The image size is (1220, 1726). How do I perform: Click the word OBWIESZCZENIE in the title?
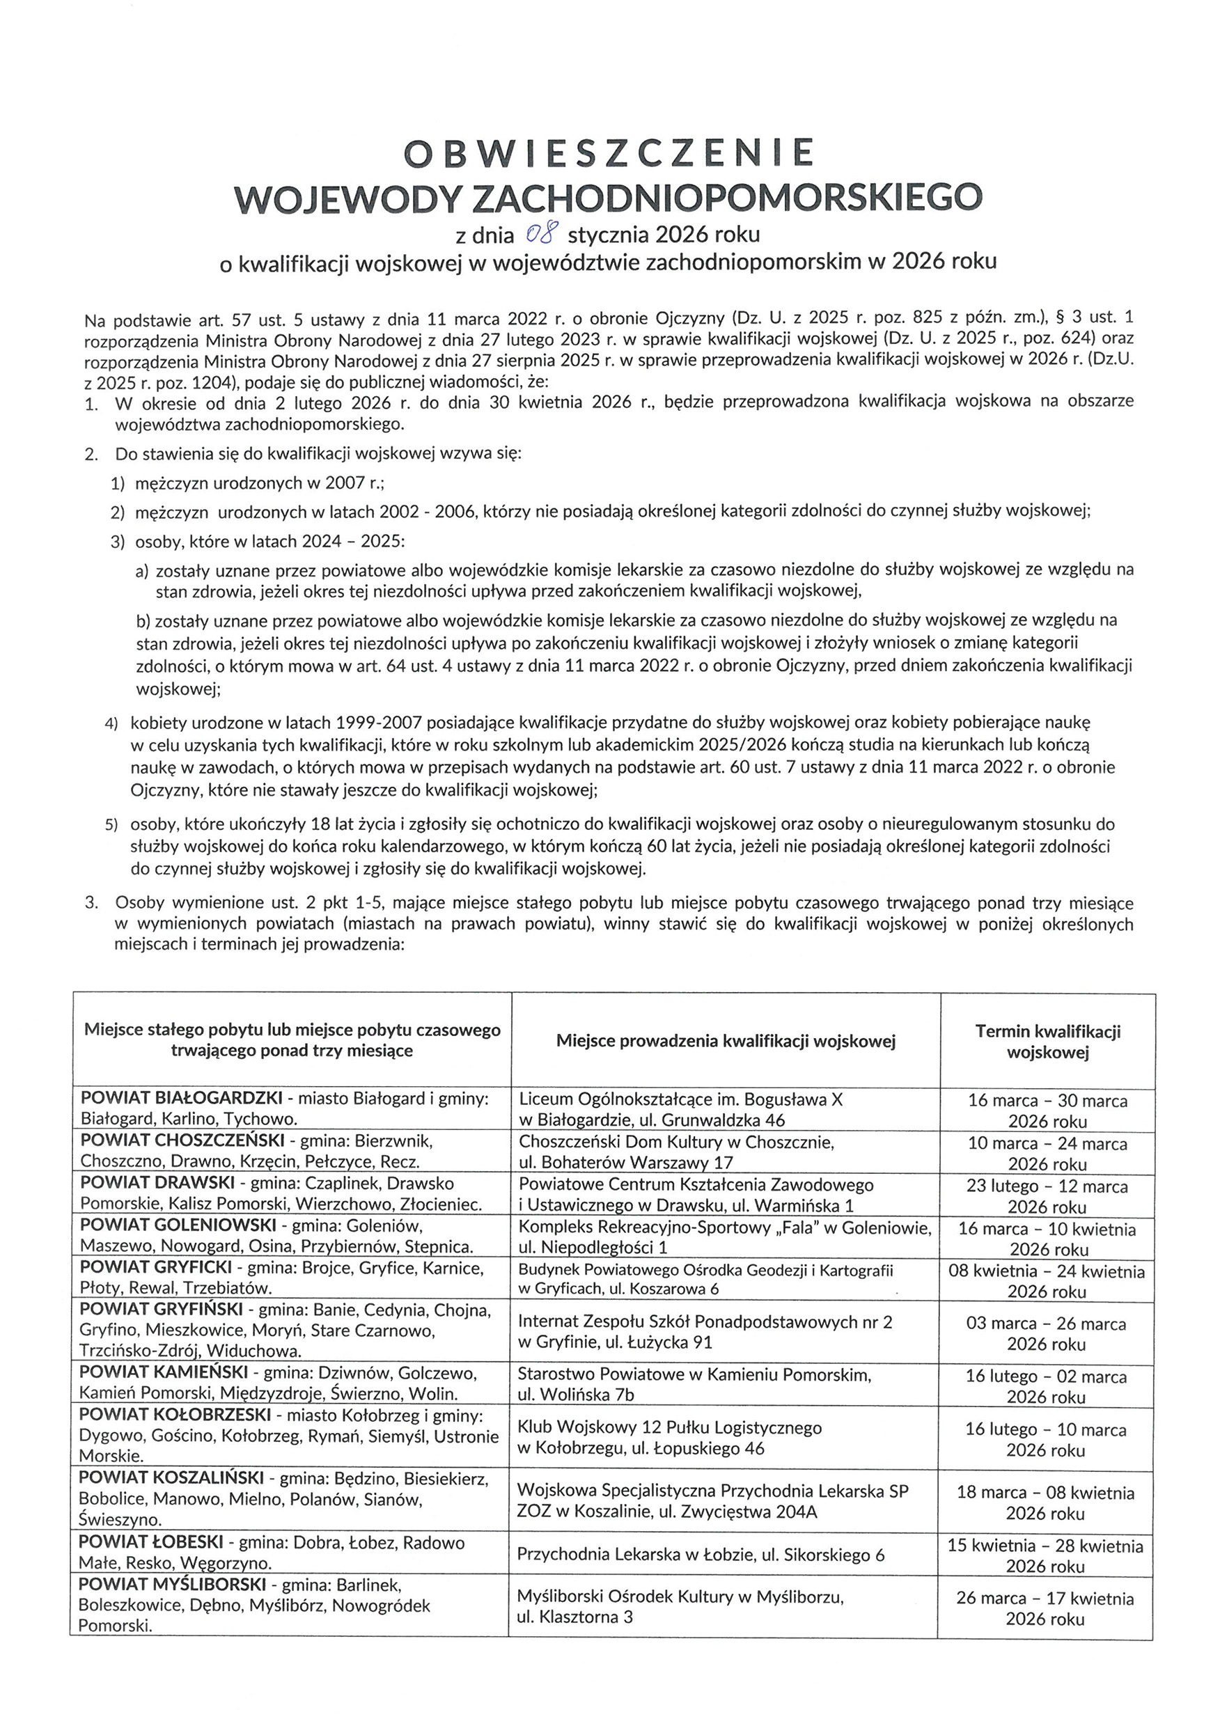click(x=609, y=153)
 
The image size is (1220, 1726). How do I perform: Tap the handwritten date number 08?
click(x=543, y=235)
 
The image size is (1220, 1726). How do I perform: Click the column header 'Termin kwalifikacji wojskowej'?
click(x=1047, y=1041)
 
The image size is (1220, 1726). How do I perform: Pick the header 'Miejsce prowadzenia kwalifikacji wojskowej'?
click(x=726, y=1040)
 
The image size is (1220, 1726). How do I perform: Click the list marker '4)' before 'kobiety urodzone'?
click(x=111, y=724)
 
